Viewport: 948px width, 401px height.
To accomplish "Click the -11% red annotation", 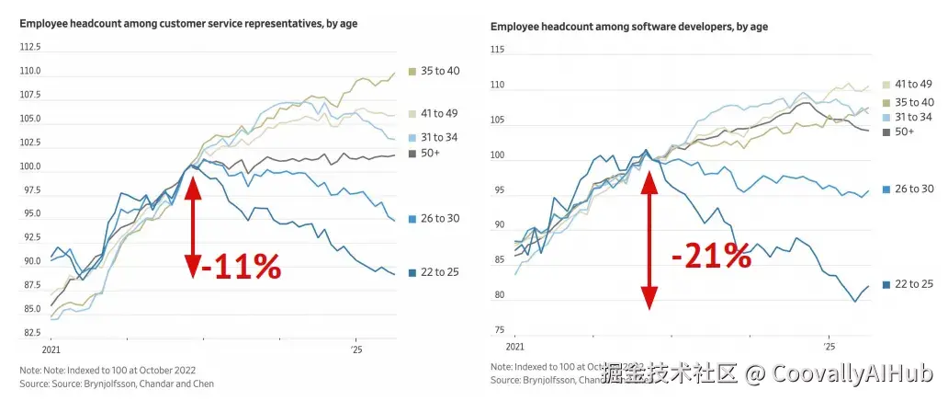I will tap(241, 267).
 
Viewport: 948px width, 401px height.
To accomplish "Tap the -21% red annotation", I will tap(711, 256).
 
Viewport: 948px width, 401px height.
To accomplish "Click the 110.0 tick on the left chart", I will tap(32, 71).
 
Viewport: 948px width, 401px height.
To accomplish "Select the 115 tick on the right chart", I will tap(498, 49).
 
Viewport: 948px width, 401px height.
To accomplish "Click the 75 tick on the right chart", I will tap(499, 330).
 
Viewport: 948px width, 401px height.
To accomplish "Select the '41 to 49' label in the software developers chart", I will tap(914, 85).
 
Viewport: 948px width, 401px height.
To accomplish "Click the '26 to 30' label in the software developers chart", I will tap(914, 189).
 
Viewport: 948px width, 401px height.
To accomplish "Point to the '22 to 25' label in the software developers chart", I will tap(914, 284).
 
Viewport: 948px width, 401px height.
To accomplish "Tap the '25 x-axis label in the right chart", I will tap(829, 347).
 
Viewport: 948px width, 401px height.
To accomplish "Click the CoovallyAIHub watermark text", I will tap(852, 373).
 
